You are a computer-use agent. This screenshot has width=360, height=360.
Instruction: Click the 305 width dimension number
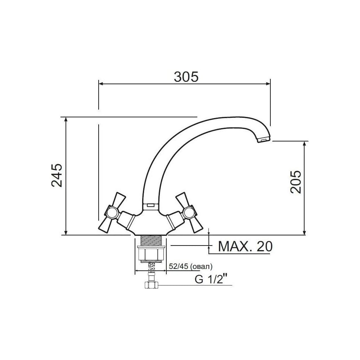tap(186, 77)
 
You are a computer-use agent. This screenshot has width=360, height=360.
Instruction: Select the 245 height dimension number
tap(57, 175)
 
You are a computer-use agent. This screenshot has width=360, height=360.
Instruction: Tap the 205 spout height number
tap(296, 182)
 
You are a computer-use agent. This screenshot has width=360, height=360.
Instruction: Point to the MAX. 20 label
tap(245, 246)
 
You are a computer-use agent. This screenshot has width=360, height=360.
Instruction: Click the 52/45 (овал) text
tap(191, 266)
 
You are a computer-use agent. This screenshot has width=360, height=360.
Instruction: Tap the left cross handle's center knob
tap(112, 212)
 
